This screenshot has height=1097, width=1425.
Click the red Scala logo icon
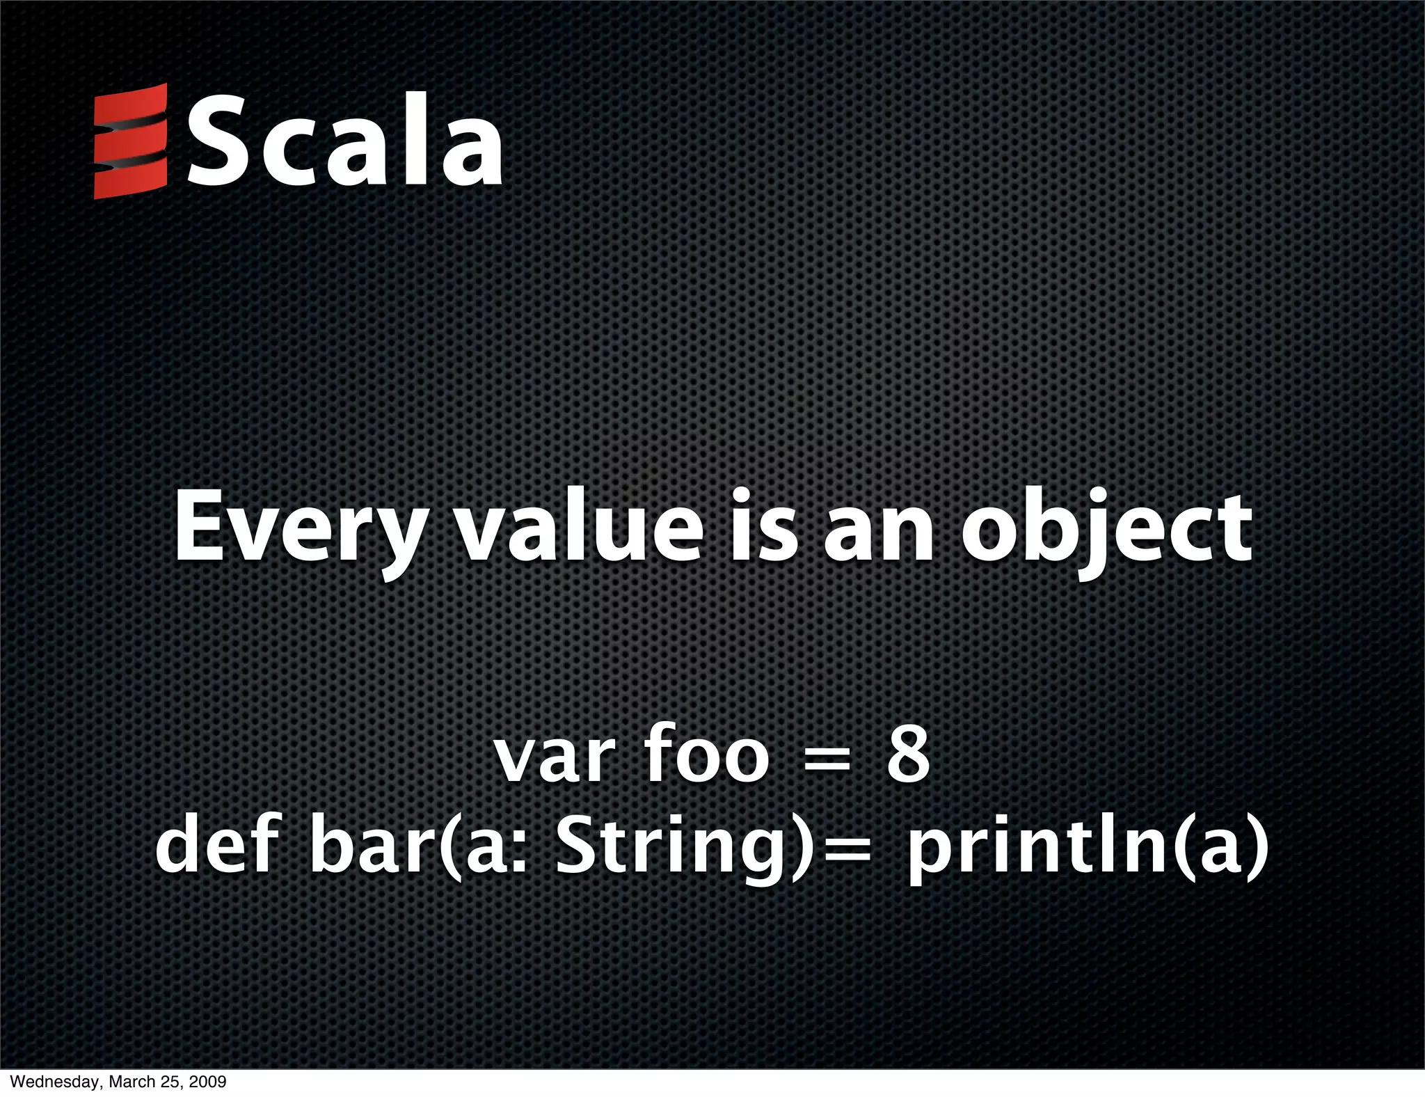point(131,141)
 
